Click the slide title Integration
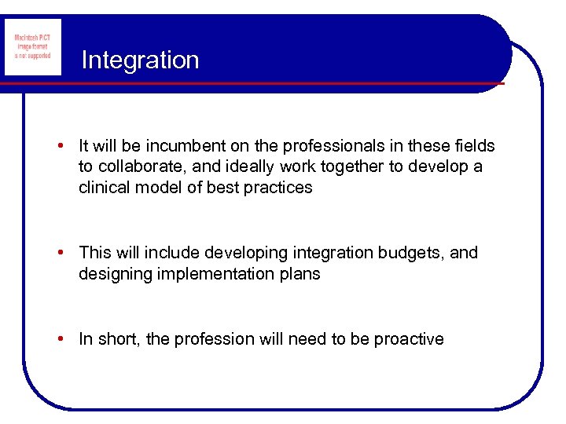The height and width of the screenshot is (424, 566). (140, 60)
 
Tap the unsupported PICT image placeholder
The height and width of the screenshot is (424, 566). (32, 47)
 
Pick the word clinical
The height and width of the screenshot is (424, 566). (103, 188)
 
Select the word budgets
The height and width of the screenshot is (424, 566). (422, 253)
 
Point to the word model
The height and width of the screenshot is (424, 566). (161, 188)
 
